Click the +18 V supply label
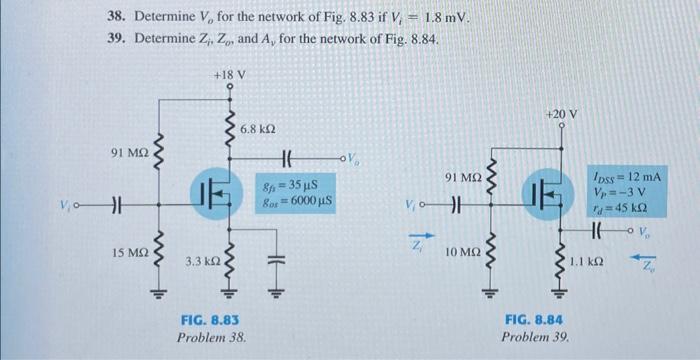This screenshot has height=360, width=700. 230,75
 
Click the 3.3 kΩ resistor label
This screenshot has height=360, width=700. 201,261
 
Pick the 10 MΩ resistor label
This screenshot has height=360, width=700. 463,253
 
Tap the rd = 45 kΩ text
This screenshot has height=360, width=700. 620,209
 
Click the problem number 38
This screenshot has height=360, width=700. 118,19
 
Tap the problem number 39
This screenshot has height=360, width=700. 118,38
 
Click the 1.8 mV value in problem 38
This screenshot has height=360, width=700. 444,19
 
